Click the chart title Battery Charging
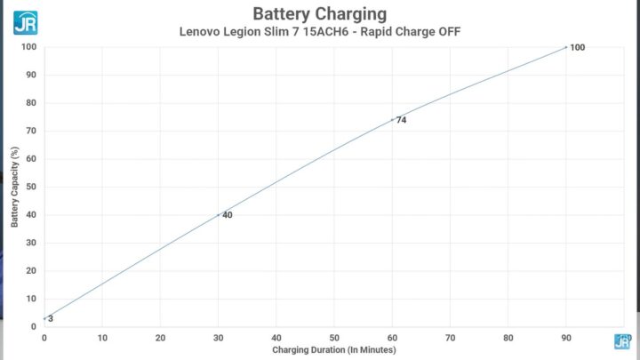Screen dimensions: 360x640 pos(319,13)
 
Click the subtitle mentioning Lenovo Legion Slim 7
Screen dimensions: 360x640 pos(319,32)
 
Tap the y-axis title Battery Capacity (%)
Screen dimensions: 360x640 pos(14,186)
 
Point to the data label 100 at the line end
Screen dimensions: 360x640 pos(578,47)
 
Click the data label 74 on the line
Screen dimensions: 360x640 pos(402,120)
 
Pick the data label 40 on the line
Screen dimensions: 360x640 pos(228,215)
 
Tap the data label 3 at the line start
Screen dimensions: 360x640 pos(51,318)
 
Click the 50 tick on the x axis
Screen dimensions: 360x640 pos(334,337)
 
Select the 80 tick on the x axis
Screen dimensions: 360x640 pos(508,337)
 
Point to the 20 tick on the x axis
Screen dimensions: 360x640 pos(160,337)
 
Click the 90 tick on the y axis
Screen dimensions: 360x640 pos(31,75)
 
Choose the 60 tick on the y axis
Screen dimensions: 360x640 pos(31,159)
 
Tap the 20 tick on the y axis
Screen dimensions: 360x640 pos(31,270)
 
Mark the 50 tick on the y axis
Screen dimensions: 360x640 pos(31,187)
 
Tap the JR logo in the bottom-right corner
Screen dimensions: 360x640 pos(622,341)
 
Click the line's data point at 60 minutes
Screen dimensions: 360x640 pos(392,119)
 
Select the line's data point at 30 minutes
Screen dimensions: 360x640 pos(218,214)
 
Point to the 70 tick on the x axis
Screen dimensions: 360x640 pos(450,337)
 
